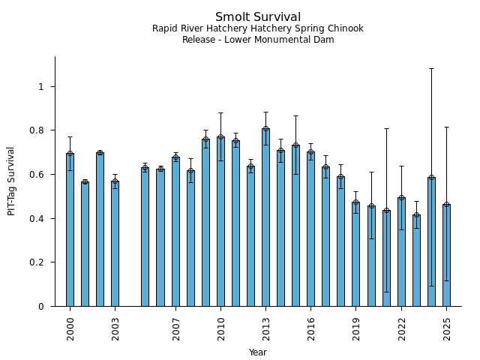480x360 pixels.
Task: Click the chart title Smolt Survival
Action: pyautogui.click(x=258, y=17)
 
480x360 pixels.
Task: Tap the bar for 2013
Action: pyautogui.click(x=265, y=217)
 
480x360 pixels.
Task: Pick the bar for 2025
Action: pyautogui.click(x=446, y=255)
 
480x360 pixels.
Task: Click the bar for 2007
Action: pyautogui.click(x=175, y=232)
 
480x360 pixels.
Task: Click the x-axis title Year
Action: pyautogui.click(x=258, y=352)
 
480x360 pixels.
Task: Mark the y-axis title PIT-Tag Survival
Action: pyautogui.click(x=11, y=181)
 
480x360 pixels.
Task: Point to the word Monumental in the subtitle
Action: pyautogui.click(x=286, y=40)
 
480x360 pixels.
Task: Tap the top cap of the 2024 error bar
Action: pyautogui.click(x=431, y=69)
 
